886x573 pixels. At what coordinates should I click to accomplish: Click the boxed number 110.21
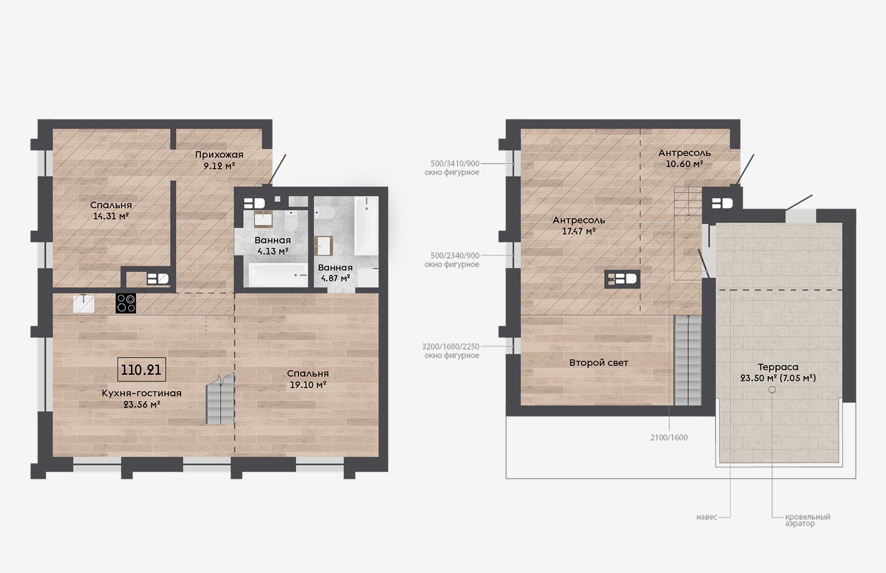142,370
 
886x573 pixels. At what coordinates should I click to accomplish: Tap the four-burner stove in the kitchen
126,303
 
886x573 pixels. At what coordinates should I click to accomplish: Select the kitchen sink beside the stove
84,303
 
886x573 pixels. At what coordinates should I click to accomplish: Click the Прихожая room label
219,155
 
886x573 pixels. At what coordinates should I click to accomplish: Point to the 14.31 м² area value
111,216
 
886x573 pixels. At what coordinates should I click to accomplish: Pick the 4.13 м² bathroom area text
273,252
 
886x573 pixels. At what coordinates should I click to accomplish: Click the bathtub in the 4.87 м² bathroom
366,226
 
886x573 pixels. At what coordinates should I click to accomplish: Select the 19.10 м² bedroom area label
308,385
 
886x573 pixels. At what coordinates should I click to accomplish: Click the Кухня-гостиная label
142,393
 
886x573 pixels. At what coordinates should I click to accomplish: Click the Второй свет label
599,363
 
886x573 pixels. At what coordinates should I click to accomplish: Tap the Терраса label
778,367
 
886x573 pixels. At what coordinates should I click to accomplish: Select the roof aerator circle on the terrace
772,390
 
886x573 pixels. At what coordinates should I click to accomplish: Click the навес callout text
707,517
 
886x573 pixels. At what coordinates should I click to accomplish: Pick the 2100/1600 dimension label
669,438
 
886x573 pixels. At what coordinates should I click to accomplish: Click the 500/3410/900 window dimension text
455,163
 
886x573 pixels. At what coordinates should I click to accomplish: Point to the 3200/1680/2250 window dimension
450,346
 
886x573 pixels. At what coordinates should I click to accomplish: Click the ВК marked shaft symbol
622,279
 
